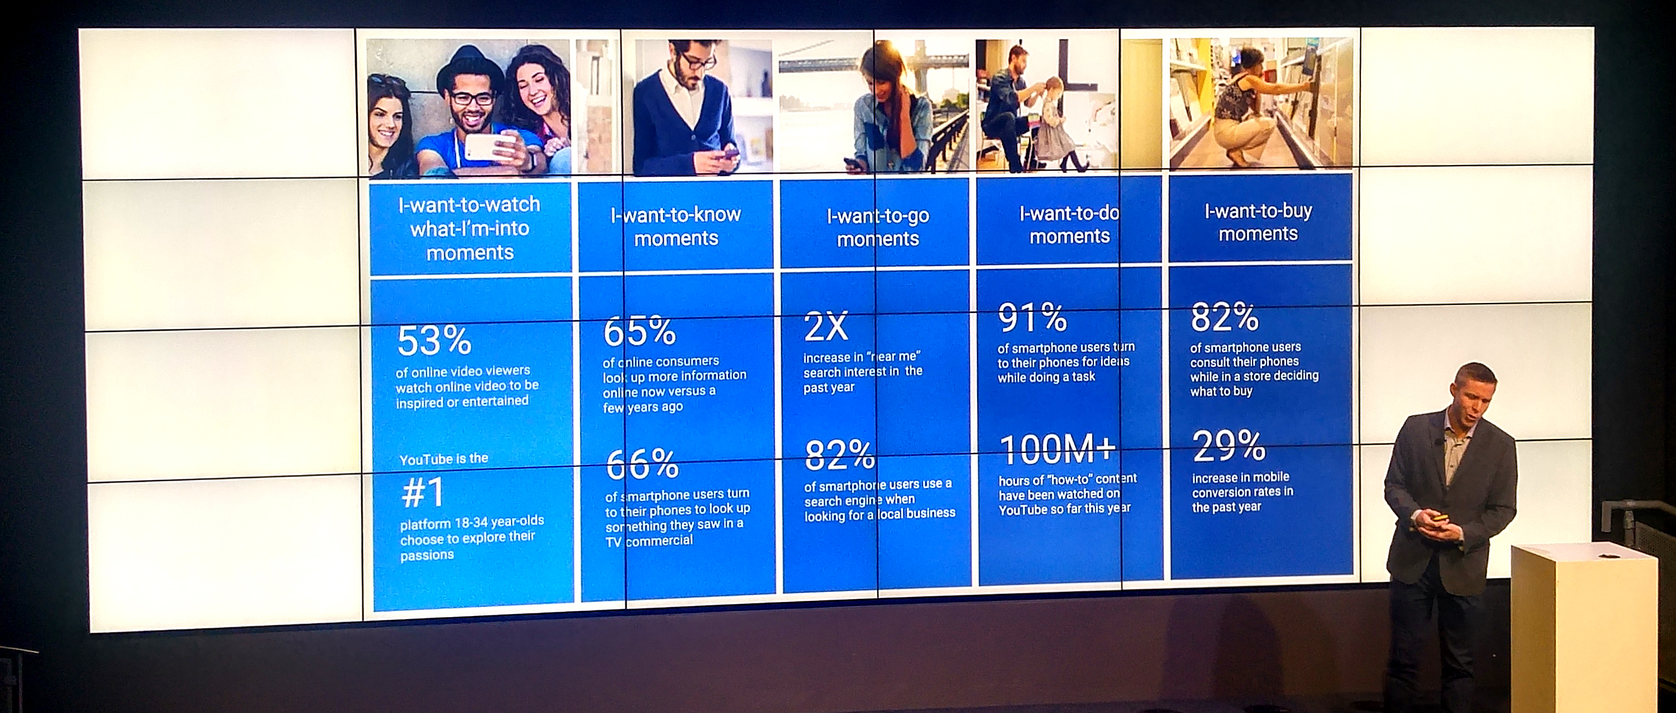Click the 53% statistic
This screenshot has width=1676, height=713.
(434, 341)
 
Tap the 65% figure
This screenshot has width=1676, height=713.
(640, 331)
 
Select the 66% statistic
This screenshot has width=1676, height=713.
(642, 464)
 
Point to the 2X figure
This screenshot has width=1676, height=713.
(826, 326)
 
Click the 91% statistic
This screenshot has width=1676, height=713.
(1032, 317)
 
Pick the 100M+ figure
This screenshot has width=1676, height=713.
(1058, 450)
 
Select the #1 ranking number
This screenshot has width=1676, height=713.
(423, 493)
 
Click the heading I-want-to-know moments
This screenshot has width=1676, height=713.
(676, 226)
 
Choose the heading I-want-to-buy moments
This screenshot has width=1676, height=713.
(1258, 222)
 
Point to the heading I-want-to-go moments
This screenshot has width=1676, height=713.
(878, 227)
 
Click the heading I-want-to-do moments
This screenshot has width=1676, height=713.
(1069, 225)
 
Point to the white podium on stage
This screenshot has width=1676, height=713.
(1582, 628)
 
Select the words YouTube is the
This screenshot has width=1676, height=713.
(444, 459)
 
